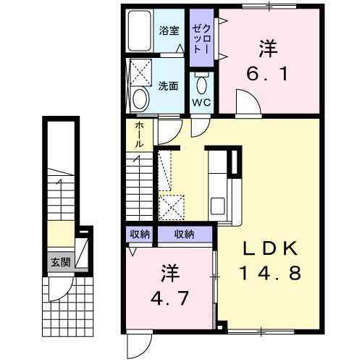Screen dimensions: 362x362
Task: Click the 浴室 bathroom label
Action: click(168, 31)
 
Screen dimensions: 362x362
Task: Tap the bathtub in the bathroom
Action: click(140, 32)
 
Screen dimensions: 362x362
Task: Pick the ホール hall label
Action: click(138, 135)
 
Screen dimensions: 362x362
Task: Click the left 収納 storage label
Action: click(140, 234)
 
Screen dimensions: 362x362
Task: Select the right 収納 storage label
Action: click(184, 234)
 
